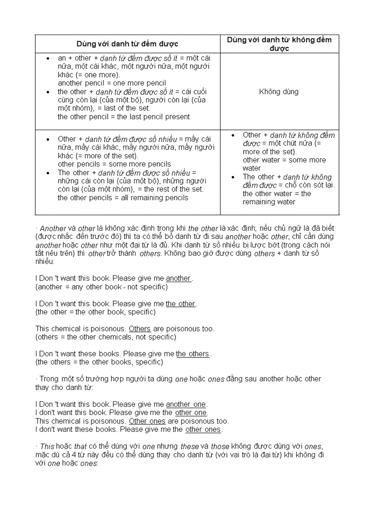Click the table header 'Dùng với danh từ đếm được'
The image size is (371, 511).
pos(127,44)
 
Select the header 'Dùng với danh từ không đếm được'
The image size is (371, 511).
pos(279,44)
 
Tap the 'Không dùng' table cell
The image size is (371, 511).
pos(279,91)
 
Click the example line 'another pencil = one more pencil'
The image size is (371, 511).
pos(111,83)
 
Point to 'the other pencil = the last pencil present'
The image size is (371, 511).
pos(124,117)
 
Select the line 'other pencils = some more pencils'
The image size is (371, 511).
pos(114,164)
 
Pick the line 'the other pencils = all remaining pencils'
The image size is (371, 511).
pos(123,198)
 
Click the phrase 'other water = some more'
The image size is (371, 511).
pos(284,160)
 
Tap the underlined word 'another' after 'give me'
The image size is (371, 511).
pos(178,278)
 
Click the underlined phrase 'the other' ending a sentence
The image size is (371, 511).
pos(180,304)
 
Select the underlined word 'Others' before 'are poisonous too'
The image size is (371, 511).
pos(140,329)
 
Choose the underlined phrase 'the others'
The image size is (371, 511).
pos(193,354)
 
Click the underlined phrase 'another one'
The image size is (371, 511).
pos(185,405)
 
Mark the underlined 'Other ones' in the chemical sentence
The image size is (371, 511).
pos(147,421)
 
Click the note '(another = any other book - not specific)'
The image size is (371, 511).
pos(101,287)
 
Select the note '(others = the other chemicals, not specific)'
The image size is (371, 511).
pos(105,337)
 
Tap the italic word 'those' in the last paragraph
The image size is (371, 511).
pos(220,447)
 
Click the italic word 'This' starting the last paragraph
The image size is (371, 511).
pos(47,447)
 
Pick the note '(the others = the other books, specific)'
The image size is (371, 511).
pos(99,363)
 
